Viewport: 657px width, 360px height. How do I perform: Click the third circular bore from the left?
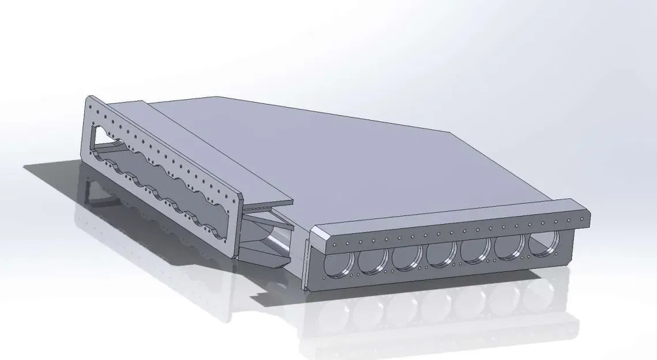pos(407,257)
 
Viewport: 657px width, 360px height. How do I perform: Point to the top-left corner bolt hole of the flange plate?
pos(91,104)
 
